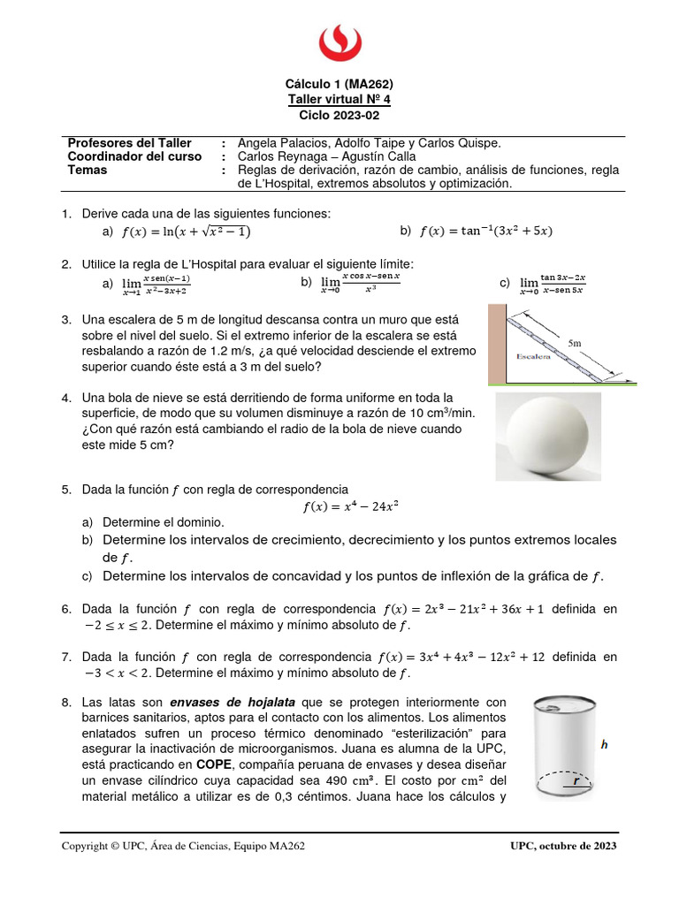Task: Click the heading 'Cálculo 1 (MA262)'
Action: [x=339, y=85]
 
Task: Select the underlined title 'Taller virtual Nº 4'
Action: [x=339, y=100]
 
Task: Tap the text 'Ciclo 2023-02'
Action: [x=339, y=115]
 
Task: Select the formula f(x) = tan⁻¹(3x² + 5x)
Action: [x=485, y=232]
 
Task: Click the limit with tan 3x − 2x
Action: [x=553, y=283]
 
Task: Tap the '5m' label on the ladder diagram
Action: [x=575, y=341]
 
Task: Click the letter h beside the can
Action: [x=605, y=745]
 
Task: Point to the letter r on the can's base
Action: [x=576, y=781]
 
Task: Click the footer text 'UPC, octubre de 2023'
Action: [x=563, y=846]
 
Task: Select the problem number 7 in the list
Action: [x=66, y=657]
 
